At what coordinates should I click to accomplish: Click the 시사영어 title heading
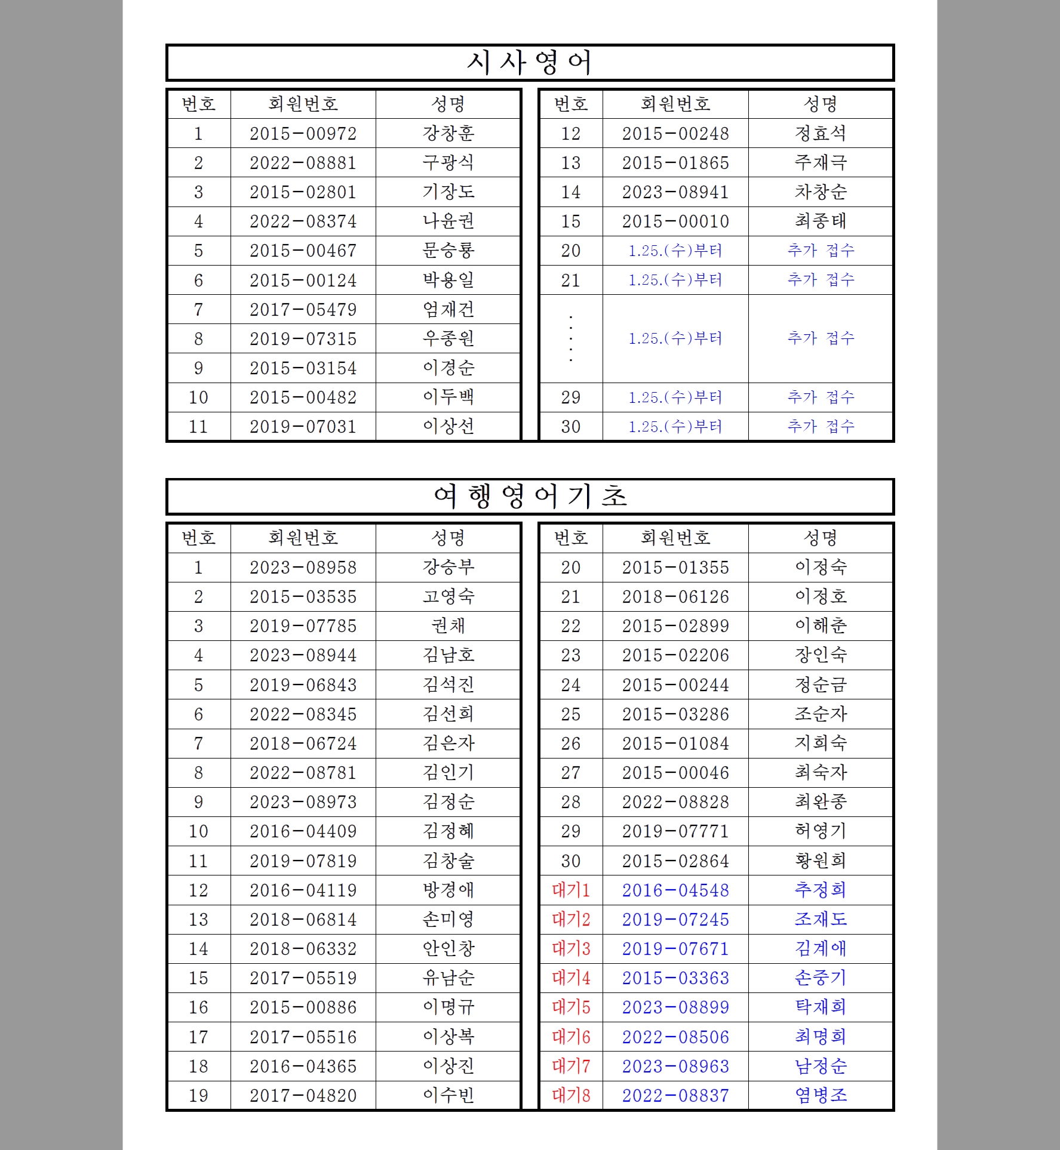(x=529, y=63)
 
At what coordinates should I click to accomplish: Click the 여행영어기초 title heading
(x=529, y=497)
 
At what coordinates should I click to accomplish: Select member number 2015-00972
(x=303, y=134)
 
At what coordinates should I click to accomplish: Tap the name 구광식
(x=448, y=163)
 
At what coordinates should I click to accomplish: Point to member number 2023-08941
(x=675, y=192)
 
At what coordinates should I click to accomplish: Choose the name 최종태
(x=821, y=221)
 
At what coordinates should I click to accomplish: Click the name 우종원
(x=448, y=339)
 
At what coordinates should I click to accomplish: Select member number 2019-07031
(x=303, y=427)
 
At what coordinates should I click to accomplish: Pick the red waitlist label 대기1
(x=571, y=890)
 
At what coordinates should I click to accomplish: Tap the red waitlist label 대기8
(x=571, y=1096)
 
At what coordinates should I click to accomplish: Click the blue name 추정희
(x=821, y=890)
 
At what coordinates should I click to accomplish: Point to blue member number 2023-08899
(x=675, y=1007)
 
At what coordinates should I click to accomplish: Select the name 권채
(x=448, y=626)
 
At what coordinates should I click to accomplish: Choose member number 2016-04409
(x=303, y=831)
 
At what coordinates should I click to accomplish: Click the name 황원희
(x=821, y=861)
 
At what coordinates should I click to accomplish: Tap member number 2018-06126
(x=675, y=597)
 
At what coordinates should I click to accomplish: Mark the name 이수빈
(x=448, y=1096)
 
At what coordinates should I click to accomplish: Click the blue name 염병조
(x=821, y=1096)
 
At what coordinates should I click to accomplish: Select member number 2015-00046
(x=675, y=773)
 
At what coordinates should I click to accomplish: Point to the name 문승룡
(x=448, y=251)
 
